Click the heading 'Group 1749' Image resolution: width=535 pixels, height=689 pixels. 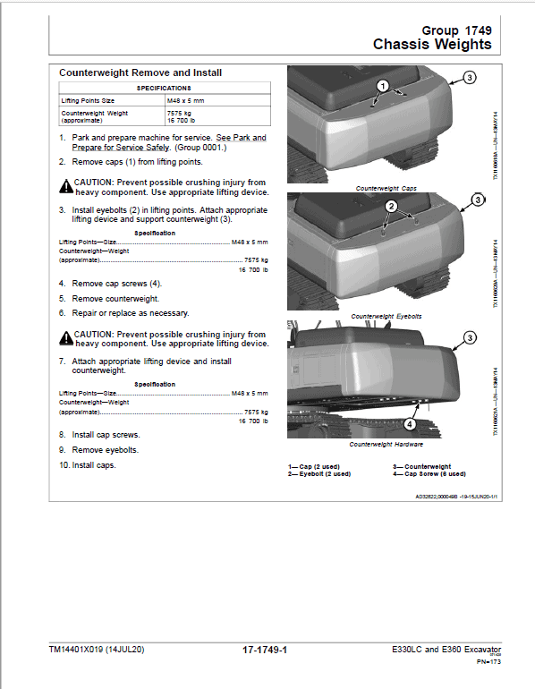pos(456,29)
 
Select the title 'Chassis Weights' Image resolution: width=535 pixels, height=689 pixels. pos(432,45)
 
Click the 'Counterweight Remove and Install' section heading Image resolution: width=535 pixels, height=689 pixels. pos(140,72)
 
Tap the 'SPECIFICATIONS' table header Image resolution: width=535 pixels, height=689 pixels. pos(163,89)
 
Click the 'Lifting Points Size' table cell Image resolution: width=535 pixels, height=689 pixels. pos(88,101)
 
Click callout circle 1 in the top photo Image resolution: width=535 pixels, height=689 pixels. pos(382,87)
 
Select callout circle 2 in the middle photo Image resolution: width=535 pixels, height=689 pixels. pos(391,207)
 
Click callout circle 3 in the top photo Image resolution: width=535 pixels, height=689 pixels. pos(470,80)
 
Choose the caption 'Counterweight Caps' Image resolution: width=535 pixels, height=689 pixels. pos(386,189)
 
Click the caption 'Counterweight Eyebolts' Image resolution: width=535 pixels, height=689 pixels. pos(386,317)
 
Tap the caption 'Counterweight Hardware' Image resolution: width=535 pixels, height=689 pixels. pos(386,445)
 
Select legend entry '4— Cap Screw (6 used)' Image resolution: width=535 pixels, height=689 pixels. pos(429,474)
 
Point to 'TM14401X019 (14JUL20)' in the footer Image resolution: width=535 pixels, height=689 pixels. pos(96,651)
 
